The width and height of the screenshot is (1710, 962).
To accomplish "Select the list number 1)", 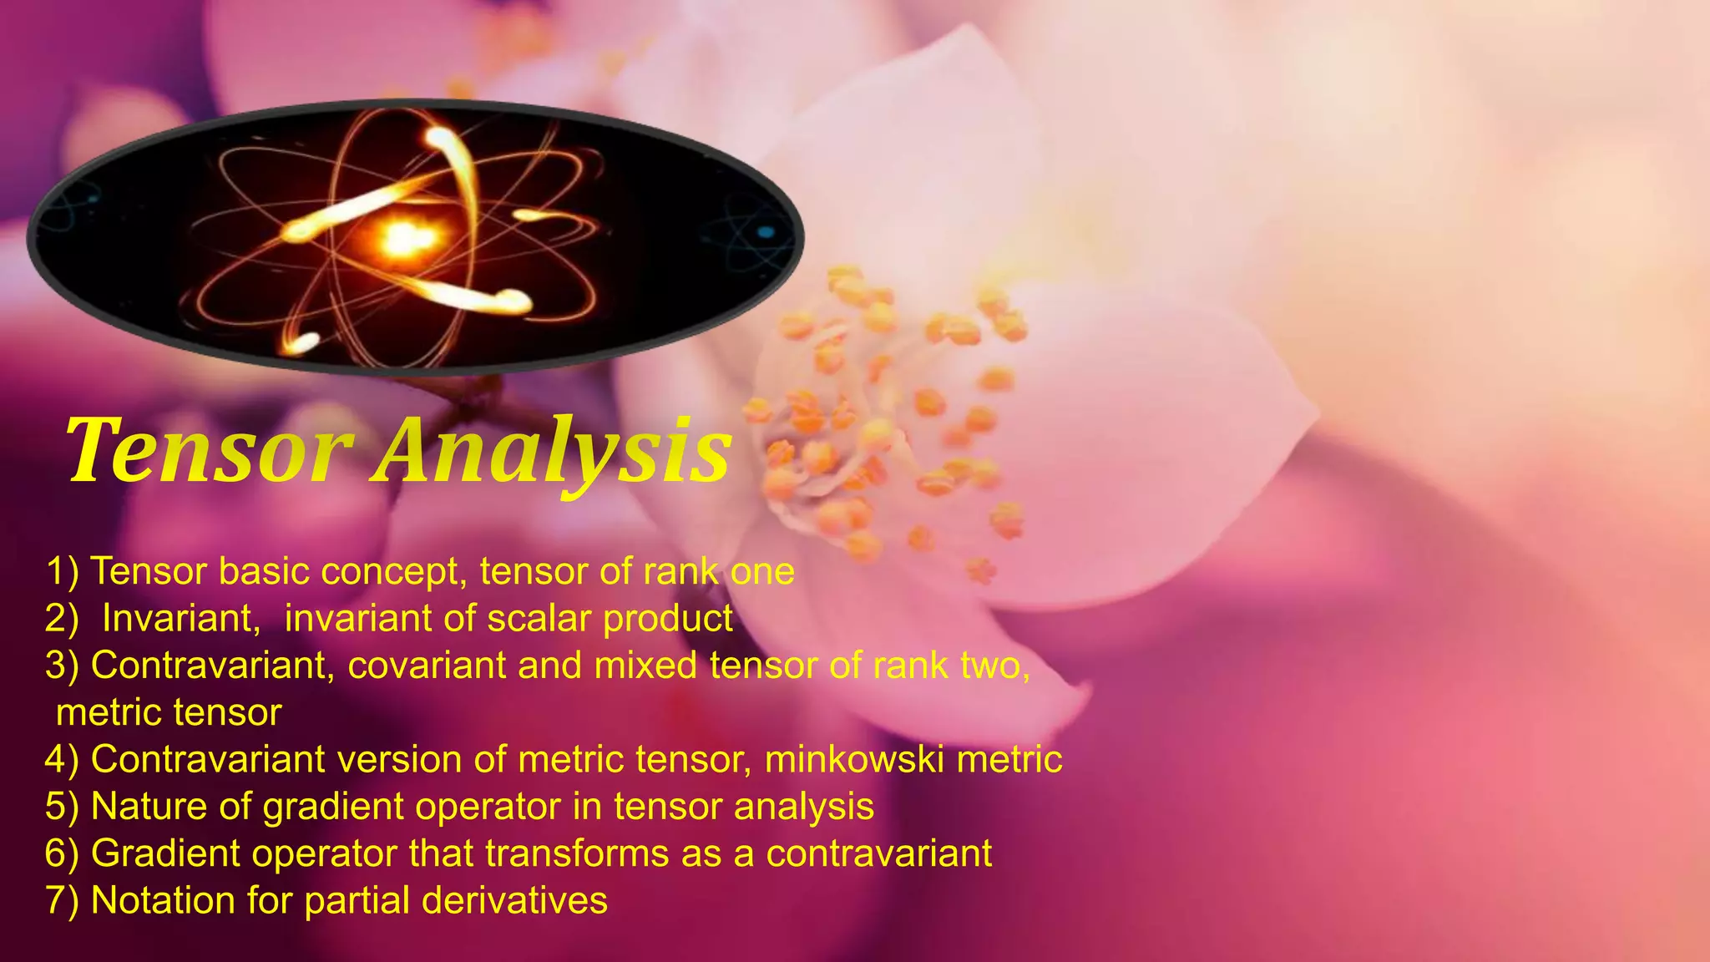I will point(63,572).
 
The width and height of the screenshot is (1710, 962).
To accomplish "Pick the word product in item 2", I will point(668,619).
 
